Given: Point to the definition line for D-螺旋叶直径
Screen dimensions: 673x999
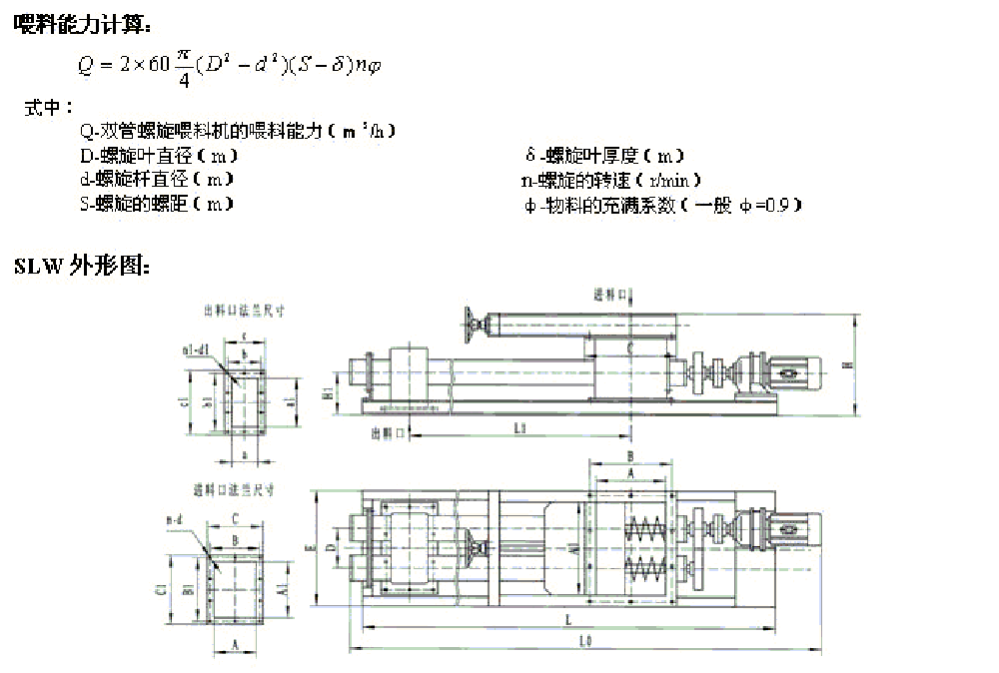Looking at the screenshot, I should [x=159, y=156].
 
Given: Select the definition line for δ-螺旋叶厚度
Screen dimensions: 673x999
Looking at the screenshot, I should [x=604, y=156].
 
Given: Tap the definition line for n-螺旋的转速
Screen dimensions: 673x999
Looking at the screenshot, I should [x=610, y=181].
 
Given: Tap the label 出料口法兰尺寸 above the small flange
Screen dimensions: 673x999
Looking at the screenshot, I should [x=244, y=311].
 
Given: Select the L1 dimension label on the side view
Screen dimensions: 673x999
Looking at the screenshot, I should [x=519, y=427].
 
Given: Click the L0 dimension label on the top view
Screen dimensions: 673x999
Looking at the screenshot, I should [x=585, y=642].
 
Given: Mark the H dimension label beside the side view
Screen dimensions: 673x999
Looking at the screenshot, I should [x=846, y=365].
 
